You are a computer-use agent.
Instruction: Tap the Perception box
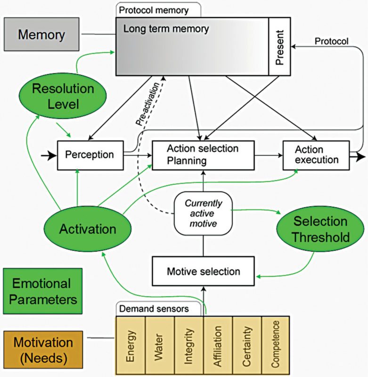[90, 155]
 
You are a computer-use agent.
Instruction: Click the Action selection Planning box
[203, 155]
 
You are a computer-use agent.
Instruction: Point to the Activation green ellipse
[87, 229]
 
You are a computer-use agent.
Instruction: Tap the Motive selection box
[203, 272]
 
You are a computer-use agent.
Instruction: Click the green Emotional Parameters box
[42, 291]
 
